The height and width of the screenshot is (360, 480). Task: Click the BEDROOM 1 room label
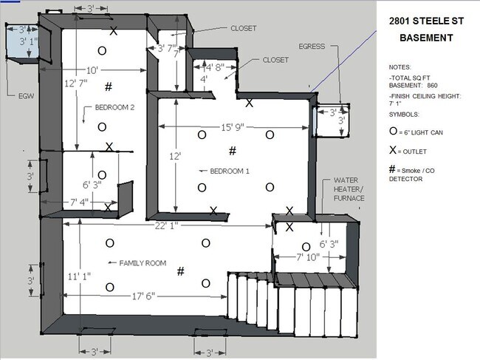click(230, 171)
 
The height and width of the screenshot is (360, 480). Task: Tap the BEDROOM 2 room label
click(114, 107)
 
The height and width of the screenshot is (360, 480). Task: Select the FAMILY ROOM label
click(143, 263)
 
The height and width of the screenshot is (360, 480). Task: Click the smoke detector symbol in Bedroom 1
click(233, 151)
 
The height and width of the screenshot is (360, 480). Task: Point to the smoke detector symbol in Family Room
click(181, 271)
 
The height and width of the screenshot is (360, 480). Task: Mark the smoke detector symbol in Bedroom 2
click(109, 86)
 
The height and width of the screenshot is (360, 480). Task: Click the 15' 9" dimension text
click(233, 127)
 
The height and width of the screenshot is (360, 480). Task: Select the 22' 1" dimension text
click(166, 225)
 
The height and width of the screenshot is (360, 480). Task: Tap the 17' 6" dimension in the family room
click(143, 296)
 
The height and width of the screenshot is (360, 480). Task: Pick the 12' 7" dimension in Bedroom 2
click(76, 83)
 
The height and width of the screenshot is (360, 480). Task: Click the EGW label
click(26, 96)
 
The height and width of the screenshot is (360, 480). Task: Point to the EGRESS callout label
click(312, 47)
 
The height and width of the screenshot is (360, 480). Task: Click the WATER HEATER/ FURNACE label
click(349, 189)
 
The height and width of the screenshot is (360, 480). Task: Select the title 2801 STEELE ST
click(426, 21)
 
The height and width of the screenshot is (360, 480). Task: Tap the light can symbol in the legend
click(394, 131)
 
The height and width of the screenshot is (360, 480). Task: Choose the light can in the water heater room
click(306, 247)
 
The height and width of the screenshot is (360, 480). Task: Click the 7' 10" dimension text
click(308, 257)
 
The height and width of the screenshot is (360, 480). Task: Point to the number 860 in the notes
click(432, 85)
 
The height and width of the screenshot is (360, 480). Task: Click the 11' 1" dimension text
click(79, 276)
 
